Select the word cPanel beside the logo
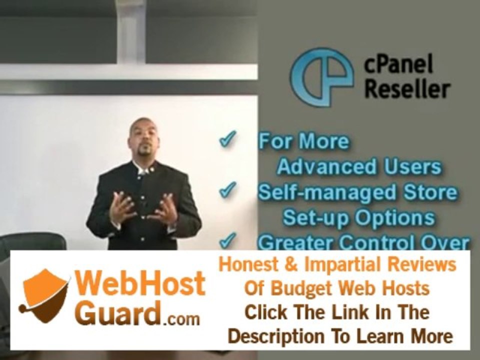[398, 64]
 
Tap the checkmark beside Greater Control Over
[228, 240]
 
